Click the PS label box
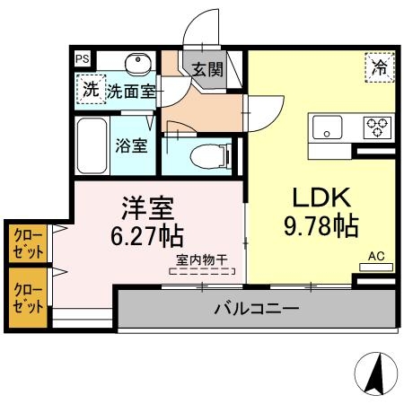82,59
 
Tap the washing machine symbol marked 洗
89,89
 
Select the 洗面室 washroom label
131,90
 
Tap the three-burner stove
375,127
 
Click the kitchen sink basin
328,127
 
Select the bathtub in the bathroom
91,143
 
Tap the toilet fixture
211,154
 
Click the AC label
376,256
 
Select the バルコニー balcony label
255,311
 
